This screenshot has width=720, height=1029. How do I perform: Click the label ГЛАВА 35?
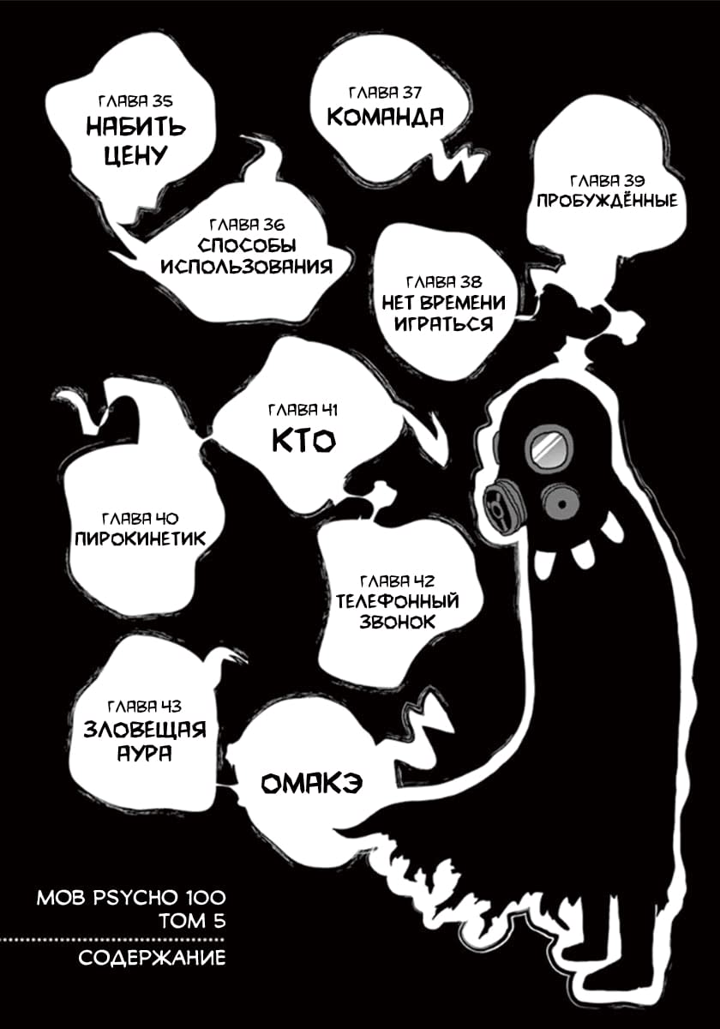tap(135, 101)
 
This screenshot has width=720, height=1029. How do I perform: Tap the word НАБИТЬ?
tap(136, 127)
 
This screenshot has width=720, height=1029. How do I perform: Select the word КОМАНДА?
tap(385, 117)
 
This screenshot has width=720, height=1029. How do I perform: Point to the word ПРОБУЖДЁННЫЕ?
tap(607, 201)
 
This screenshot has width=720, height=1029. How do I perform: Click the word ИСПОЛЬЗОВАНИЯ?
tap(247, 267)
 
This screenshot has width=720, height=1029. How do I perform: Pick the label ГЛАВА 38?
tap(444, 281)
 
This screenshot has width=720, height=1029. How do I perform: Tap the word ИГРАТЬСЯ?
tap(444, 324)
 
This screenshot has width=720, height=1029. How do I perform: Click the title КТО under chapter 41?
tap(304, 441)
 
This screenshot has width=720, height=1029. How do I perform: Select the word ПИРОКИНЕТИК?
tap(141, 539)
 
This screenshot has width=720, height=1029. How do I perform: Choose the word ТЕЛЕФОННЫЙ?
tap(397, 601)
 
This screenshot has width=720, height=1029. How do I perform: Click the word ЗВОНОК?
tap(397, 623)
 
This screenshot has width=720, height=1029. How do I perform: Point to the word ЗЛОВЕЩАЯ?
tap(145, 730)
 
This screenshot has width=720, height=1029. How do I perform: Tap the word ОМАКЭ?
tap(312, 783)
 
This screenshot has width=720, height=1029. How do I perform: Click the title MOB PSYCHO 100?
tap(131, 898)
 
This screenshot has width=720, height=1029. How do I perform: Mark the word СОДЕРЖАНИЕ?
tap(152, 959)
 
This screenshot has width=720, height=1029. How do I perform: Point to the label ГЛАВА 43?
tap(145, 706)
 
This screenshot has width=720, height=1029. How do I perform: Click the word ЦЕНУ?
tap(136, 155)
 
